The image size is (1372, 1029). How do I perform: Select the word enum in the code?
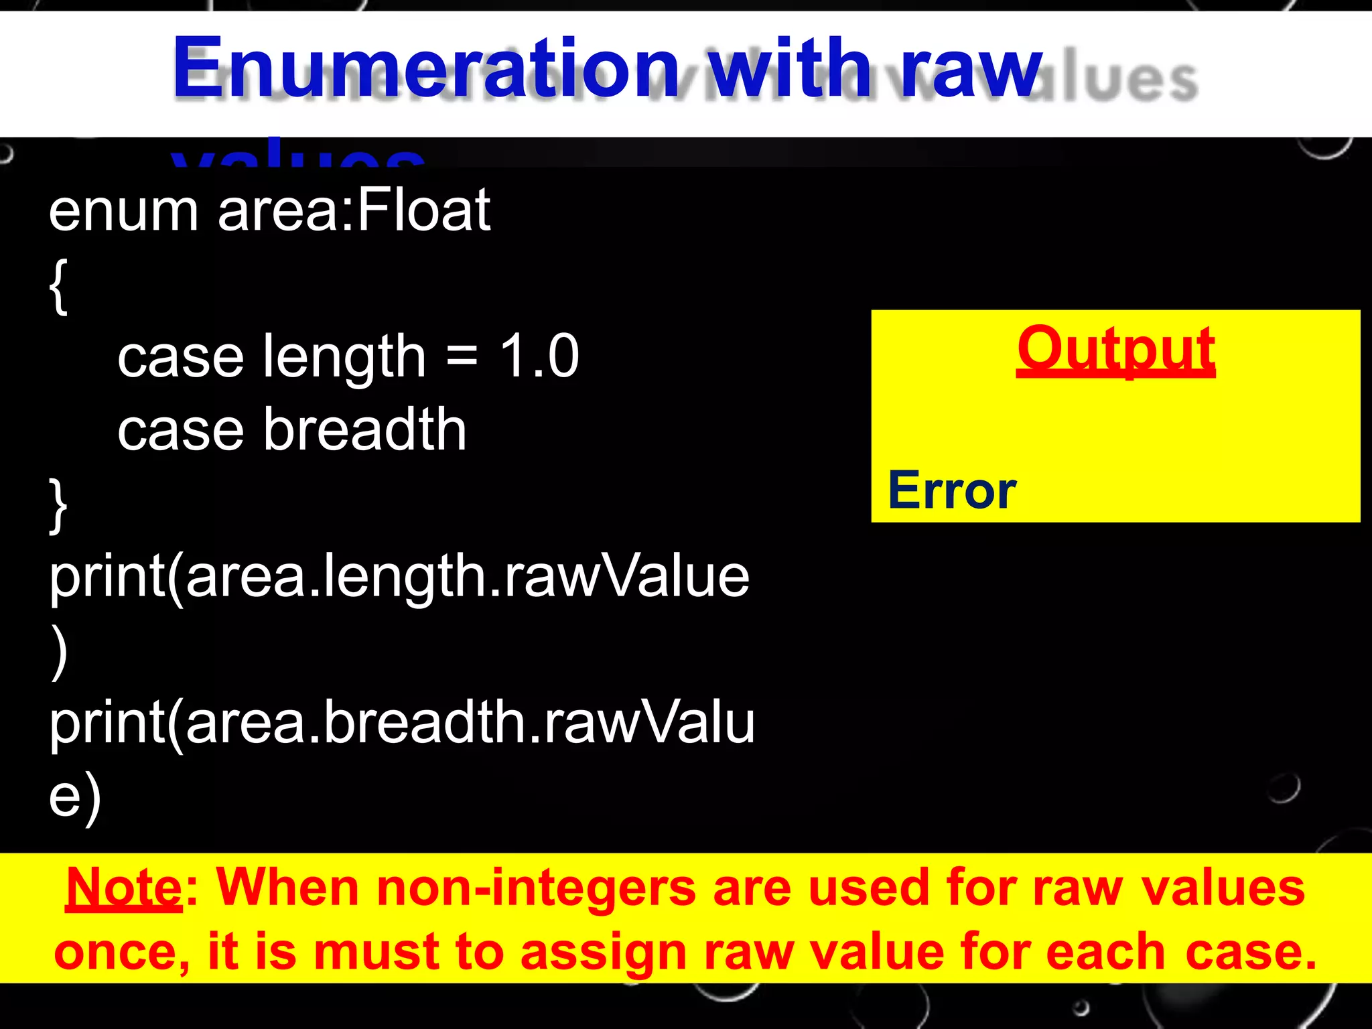point(123,211)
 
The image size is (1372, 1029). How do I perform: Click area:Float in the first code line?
point(354,211)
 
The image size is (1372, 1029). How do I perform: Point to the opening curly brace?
point(58,287)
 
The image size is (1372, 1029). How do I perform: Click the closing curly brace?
point(58,506)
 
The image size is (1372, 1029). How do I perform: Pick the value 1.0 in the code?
point(539,356)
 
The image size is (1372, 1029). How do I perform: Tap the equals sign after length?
point(462,357)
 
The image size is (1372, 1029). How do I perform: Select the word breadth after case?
point(365,429)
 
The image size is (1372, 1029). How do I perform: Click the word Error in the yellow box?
point(952,490)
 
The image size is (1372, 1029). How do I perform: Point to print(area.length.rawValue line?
point(399,577)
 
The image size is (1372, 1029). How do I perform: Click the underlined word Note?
point(124,888)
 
